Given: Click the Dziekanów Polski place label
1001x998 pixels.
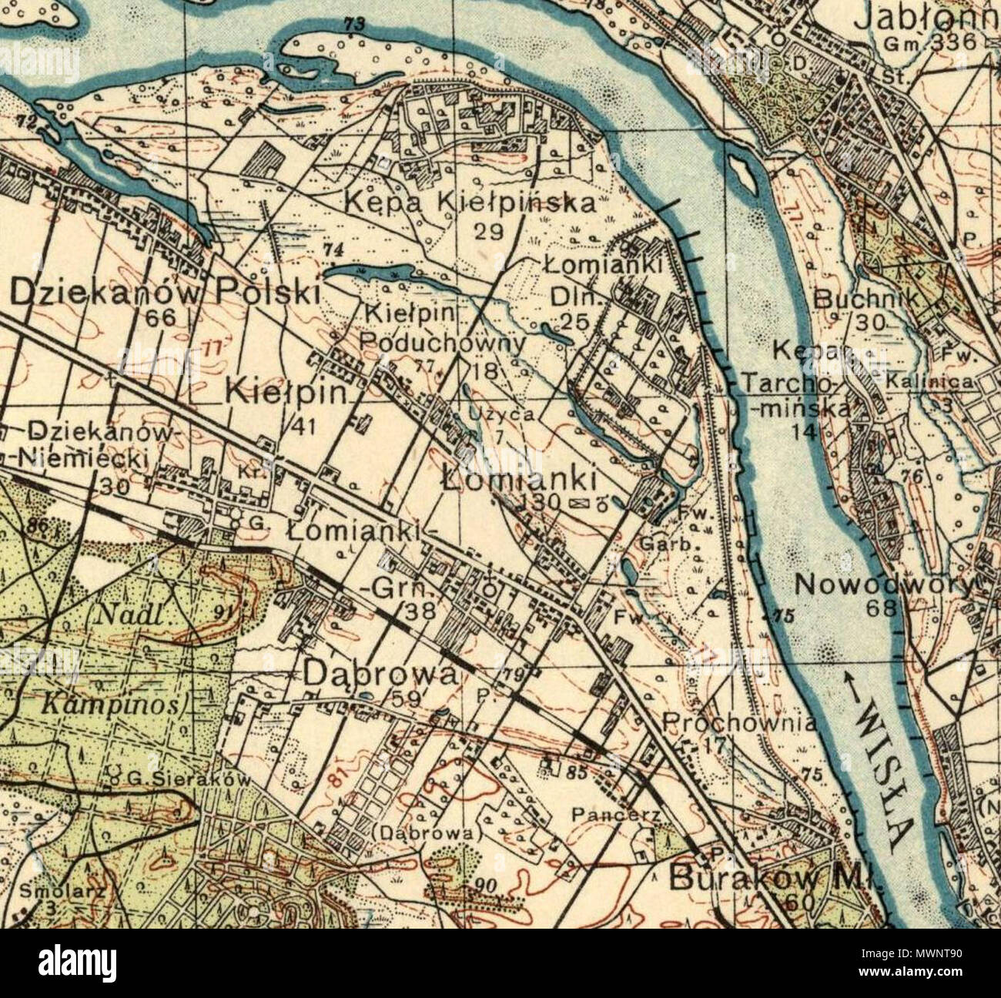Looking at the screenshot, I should coord(164,293).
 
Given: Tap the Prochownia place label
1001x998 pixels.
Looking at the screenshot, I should coord(738,724).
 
